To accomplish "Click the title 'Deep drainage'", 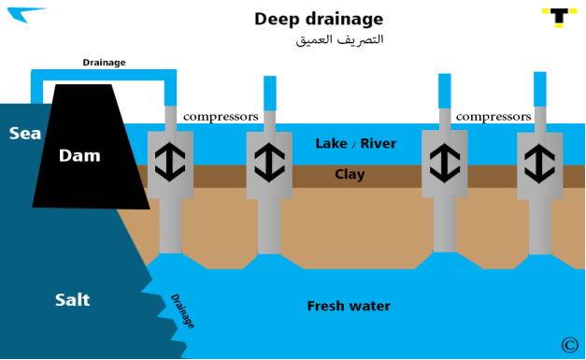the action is click(x=319, y=20).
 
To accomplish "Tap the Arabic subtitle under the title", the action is click(x=339, y=39).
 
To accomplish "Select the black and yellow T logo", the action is click(x=560, y=18).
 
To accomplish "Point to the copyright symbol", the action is click(x=569, y=345).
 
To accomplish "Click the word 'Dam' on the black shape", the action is click(x=79, y=155).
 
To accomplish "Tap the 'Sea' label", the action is click(x=25, y=134).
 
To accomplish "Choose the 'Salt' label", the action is click(x=73, y=300).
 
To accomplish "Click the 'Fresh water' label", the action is click(x=349, y=306).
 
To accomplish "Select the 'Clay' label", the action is click(x=350, y=175).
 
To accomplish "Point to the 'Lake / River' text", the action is click(x=356, y=144).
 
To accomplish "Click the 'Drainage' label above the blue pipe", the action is click(x=104, y=63).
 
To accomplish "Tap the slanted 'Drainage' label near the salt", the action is click(x=182, y=311).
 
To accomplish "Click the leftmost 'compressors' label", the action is click(x=221, y=117).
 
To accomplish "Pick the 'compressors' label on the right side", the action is click(x=493, y=117).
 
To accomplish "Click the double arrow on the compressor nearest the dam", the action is click(x=170, y=162).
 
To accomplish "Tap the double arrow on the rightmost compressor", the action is click(x=539, y=164).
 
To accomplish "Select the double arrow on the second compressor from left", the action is click(x=269, y=163).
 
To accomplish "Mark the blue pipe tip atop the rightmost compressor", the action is click(x=540, y=90).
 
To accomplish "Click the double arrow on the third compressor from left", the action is click(x=445, y=163).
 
